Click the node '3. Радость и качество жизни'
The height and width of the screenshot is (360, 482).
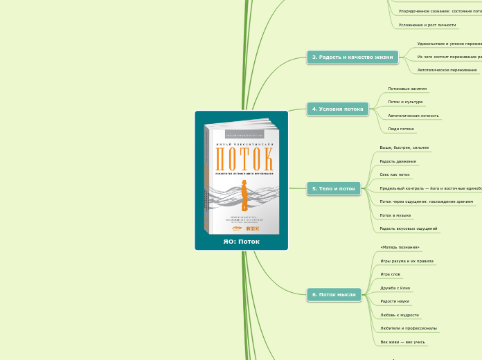pyautogui.click(x=352, y=57)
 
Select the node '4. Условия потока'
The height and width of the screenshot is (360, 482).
pyautogui.click(x=337, y=109)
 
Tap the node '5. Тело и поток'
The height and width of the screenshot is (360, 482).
pyautogui.click(x=334, y=188)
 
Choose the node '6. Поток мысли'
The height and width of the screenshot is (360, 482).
pyautogui.click(x=334, y=295)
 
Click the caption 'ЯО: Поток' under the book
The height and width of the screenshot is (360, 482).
pyautogui.click(x=241, y=242)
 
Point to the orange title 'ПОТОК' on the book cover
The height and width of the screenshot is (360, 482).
pyautogui.click(x=244, y=159)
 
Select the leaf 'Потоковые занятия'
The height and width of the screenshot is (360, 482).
pyautogui.click(x=407, y=89)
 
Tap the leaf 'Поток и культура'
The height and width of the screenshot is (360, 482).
pyautogui.click(x=405, y=102)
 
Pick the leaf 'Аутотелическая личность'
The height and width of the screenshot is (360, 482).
pyautogui.click(x=413, y=116)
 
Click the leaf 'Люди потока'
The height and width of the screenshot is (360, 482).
pyautogui.click(x=401, y=129)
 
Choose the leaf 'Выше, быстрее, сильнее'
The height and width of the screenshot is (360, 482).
pyautogui.click(x=404, y=147)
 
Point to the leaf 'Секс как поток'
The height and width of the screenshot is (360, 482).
pyautogui.click(x=395, y=174)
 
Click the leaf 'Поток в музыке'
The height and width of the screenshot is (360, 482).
pyautogui.click(x=395, y=215)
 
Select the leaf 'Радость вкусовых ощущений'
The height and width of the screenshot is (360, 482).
pyautogui.click(x=409, y=228)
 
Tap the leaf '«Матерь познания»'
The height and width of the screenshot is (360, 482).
pyautogui.click(x=400, y=247)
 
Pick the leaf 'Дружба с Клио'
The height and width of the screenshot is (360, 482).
pyautogui.click(x=395, y=287)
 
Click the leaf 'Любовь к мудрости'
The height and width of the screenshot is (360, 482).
pyautogui.click(x=400, y=315)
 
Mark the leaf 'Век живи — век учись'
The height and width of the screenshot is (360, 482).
pyautogui.click(x=403, y=342)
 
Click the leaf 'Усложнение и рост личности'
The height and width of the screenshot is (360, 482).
pyautogui.click(x=427, y=25)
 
